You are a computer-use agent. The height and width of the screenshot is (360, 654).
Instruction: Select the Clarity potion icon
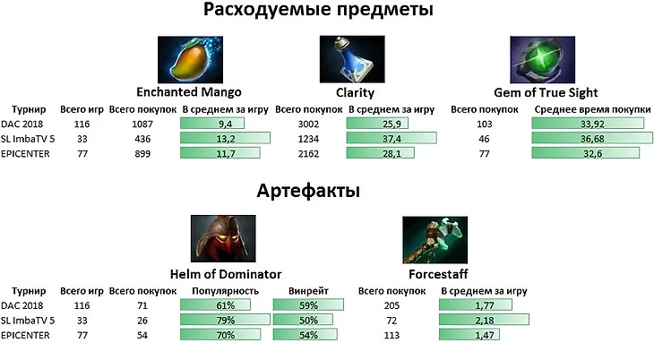347,59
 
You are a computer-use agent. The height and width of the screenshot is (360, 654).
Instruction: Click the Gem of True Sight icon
537,59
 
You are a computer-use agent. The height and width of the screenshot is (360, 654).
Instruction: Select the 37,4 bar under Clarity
391,138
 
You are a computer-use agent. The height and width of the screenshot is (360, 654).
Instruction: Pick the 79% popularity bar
225,321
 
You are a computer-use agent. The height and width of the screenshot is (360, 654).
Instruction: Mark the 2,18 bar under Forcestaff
485,321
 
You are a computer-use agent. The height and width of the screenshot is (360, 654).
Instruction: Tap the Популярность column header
225,290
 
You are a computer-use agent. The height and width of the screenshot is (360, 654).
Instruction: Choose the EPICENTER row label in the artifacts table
27,336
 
